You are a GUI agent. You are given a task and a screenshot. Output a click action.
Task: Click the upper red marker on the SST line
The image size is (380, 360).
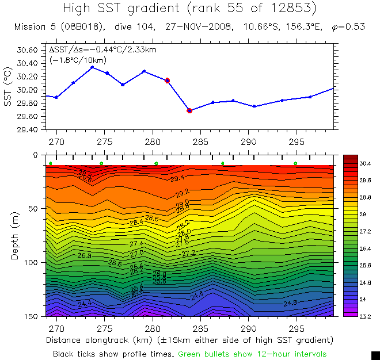click(168, 81)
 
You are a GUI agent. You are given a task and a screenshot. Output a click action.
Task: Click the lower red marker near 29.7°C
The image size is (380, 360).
click(189, 110)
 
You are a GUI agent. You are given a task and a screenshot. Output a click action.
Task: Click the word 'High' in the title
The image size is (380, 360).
click(78, 8)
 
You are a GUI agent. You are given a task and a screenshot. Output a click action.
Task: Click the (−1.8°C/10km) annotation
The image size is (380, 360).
click(78, 60)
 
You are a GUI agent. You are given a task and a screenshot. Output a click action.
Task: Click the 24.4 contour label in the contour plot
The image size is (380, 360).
click(85, 302)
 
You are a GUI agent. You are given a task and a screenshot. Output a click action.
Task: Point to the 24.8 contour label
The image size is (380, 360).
click(290, 302)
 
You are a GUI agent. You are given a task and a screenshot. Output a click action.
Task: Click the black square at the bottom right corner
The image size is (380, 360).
click(375, 355)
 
